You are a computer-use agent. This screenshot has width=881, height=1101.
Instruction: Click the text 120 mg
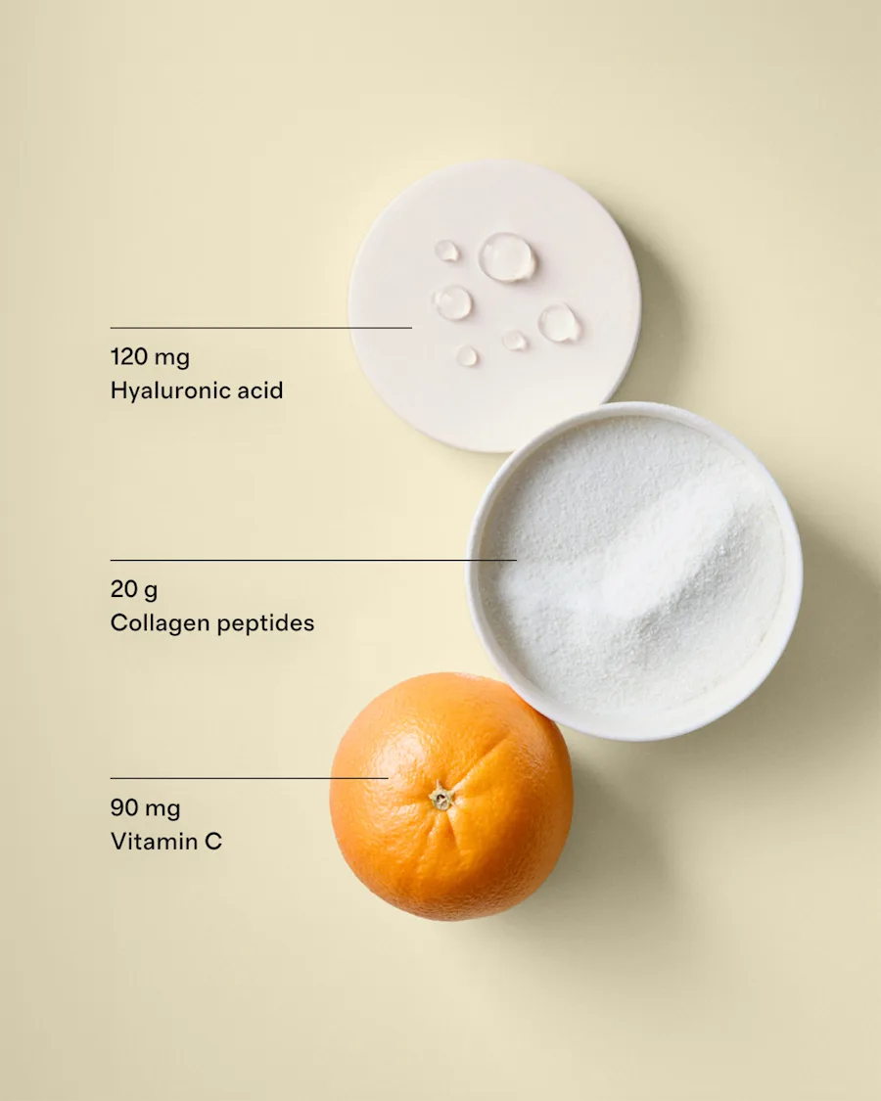click(150, 357)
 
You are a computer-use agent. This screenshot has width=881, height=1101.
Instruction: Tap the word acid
click(259, 390)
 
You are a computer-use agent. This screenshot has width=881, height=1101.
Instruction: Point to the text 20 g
click(133, 589)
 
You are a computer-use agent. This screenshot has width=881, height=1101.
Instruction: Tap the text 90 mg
click(145, 808)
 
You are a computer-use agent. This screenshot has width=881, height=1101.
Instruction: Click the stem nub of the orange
click(441, 797)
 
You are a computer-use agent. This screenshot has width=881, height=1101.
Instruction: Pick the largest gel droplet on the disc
click(507, 257)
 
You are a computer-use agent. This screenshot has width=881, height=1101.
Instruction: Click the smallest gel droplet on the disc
click(467, 356)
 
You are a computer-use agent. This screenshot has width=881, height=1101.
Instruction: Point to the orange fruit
click(451, 797)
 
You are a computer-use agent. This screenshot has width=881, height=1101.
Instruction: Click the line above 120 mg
click(260, 327)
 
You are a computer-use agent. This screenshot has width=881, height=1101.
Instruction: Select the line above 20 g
click(313, 560)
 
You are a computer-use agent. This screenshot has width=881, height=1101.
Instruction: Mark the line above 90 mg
click(249, 778)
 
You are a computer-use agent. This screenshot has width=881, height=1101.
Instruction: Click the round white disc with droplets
click(494, 306)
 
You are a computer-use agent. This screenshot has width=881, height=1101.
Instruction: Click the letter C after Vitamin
click(213, 842)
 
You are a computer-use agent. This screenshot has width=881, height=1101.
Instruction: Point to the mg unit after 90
click(162, 809)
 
